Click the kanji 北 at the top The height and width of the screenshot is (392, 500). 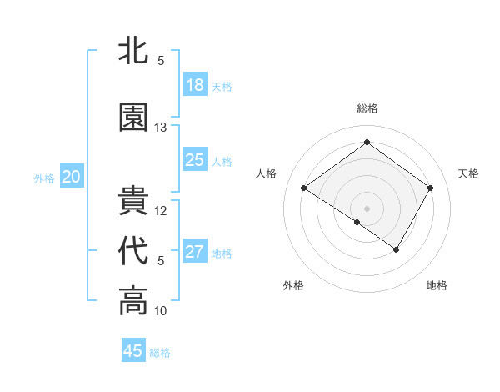pyautogui.click(x=134, y=50)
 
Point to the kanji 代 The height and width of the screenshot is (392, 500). pyautogui.click(x=134, y=251)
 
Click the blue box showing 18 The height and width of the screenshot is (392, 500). pyautogui.click(x=195, y=85)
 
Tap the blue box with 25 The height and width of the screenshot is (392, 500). pyautogui.click(x=195, y=160)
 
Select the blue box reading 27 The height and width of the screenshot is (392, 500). pyautogui.click(x=195, y=252)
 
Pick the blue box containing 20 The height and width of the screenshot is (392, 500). pyautogui.click(x=72, y=177)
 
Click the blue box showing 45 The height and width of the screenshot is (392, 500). pyautogui.click(x=133, y=350)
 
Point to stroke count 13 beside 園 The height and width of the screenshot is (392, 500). pyautogui.click(x=161, y=128)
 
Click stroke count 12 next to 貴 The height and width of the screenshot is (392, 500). pyautogui.click(x=161, y=211)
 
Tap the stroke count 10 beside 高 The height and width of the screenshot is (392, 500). pyautogui.click(x=161, y=311)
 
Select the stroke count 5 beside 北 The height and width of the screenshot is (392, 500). pyautogui.click(x=161, y=61)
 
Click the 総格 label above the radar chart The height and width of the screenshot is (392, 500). pyautogui.click(x=367, y=108)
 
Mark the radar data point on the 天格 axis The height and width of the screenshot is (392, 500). pyautogui.click(x=430, y=188)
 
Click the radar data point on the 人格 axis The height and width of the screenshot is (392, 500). pyautogui.click(x=304, y=188)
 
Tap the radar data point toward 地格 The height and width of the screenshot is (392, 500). pyautogui.click(x=397, y=249)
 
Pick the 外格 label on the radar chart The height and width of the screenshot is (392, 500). pyautogui.click(x=293, y=285)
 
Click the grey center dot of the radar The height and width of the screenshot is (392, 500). pyautogui.click(x=367, y=208)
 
